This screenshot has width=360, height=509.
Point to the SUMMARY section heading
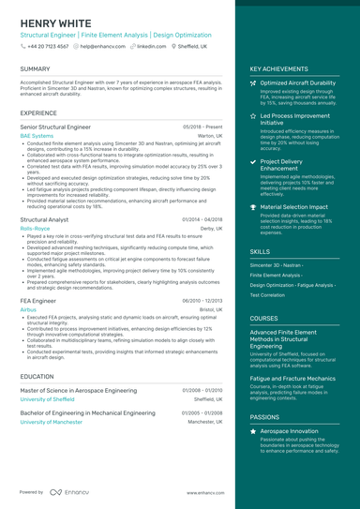[36, 68]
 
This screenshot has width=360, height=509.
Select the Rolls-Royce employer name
[36, 228]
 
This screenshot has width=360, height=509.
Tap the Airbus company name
[28, 308]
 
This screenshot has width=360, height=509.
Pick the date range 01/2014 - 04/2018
[202, 218]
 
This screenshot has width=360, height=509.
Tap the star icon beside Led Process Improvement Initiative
[254, 115]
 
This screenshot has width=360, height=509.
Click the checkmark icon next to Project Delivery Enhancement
[254, 161]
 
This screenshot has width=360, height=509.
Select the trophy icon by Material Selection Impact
[254, 206]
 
